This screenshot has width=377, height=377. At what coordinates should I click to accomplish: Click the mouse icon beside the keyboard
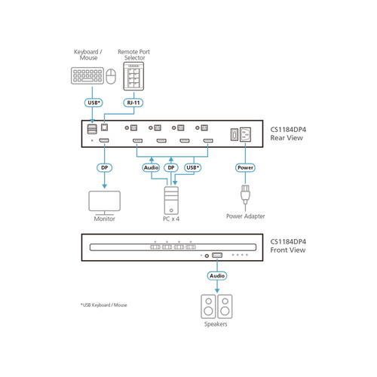tap(110, 76)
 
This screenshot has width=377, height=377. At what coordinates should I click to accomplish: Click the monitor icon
tap(104, 201)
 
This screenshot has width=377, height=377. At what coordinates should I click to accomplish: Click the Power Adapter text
tap(246, 216)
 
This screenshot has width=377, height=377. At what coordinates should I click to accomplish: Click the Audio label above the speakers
tap(217, 276)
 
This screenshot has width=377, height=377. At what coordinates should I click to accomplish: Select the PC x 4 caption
tap(173, 219)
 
